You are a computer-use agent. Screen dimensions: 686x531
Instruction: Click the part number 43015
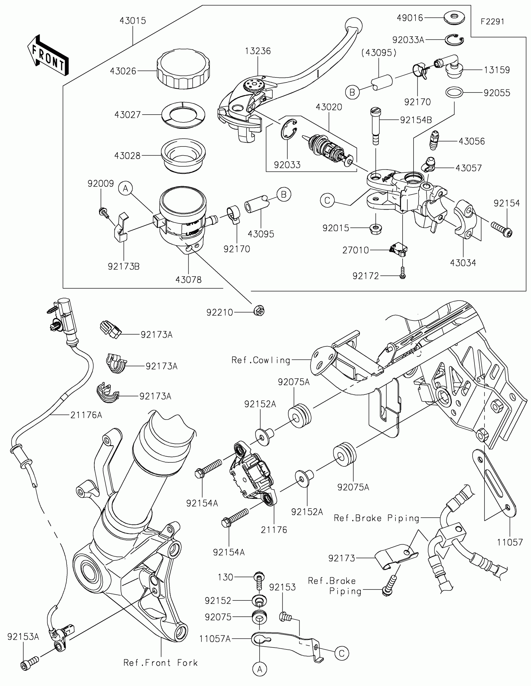click(x=132, y=21)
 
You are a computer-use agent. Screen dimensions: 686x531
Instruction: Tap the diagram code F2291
click(x=492, y=21)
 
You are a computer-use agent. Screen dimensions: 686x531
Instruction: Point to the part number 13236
click(x=258, y=51)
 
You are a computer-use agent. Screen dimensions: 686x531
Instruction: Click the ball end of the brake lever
click(x=353, y=24)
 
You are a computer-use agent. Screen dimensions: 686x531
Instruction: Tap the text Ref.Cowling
click(x=261, y=360)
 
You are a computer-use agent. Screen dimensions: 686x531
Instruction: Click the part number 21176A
click(x=86, y=415)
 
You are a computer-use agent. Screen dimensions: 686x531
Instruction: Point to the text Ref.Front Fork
click(x=161, y=663)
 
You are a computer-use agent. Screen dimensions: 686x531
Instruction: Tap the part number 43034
click(x=463, y=263)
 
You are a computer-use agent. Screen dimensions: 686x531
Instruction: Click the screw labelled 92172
click(x=403, y=273)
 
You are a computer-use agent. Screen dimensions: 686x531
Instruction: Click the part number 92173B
click(x=124, y=266)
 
